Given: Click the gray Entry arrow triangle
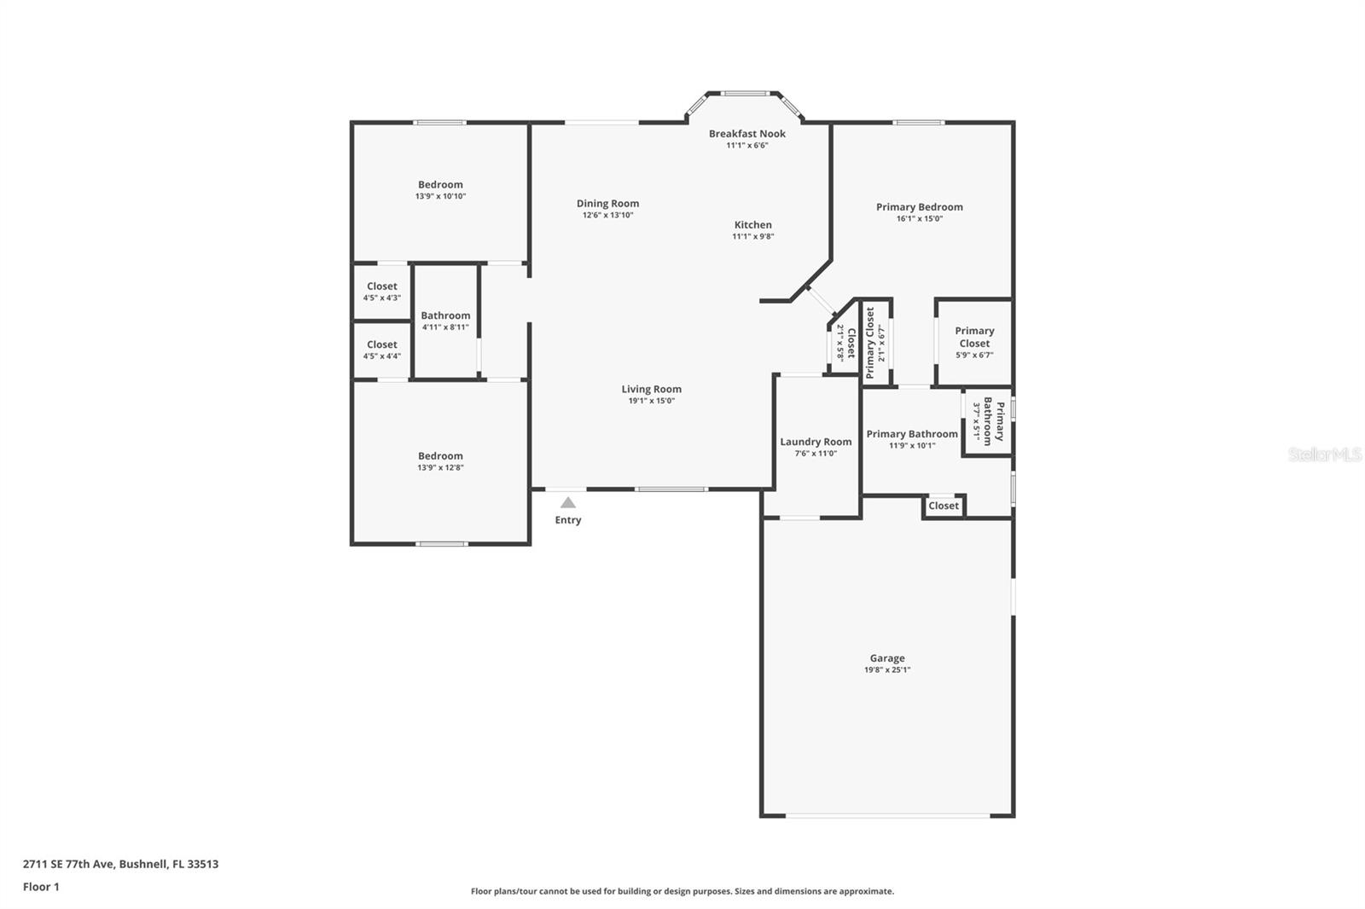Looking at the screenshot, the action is click(568, 502).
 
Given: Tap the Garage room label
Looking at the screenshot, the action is click(887, 658).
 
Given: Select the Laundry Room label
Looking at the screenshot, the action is click(816, 442).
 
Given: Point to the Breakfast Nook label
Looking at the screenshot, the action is click(747, 133).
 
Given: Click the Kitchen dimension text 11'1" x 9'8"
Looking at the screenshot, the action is click(753, 236).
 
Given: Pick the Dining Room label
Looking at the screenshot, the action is click(608, 204).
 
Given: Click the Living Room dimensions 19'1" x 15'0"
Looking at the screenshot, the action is click(652, 400).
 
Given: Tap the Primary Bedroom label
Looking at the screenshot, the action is click(920, 207).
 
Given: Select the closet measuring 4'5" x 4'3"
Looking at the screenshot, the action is click(382, 292).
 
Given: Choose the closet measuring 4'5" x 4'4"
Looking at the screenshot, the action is click(382, 350).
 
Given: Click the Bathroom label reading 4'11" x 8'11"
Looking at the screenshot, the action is click(445, 321).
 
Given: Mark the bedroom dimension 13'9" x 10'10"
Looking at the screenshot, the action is click(440, 196).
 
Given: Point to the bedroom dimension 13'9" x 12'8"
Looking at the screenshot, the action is click(440, 467).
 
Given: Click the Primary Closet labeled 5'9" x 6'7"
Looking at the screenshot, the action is click(974, 343).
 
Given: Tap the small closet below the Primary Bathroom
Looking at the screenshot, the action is click(944, 506).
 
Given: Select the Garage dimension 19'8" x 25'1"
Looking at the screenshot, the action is click(887, 669).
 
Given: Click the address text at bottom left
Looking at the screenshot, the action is click(120, 864).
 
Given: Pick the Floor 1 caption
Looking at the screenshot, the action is click(42, 887).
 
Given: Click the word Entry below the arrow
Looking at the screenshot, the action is click(568, 519).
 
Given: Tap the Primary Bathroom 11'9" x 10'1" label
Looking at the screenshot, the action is click(912, 438).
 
